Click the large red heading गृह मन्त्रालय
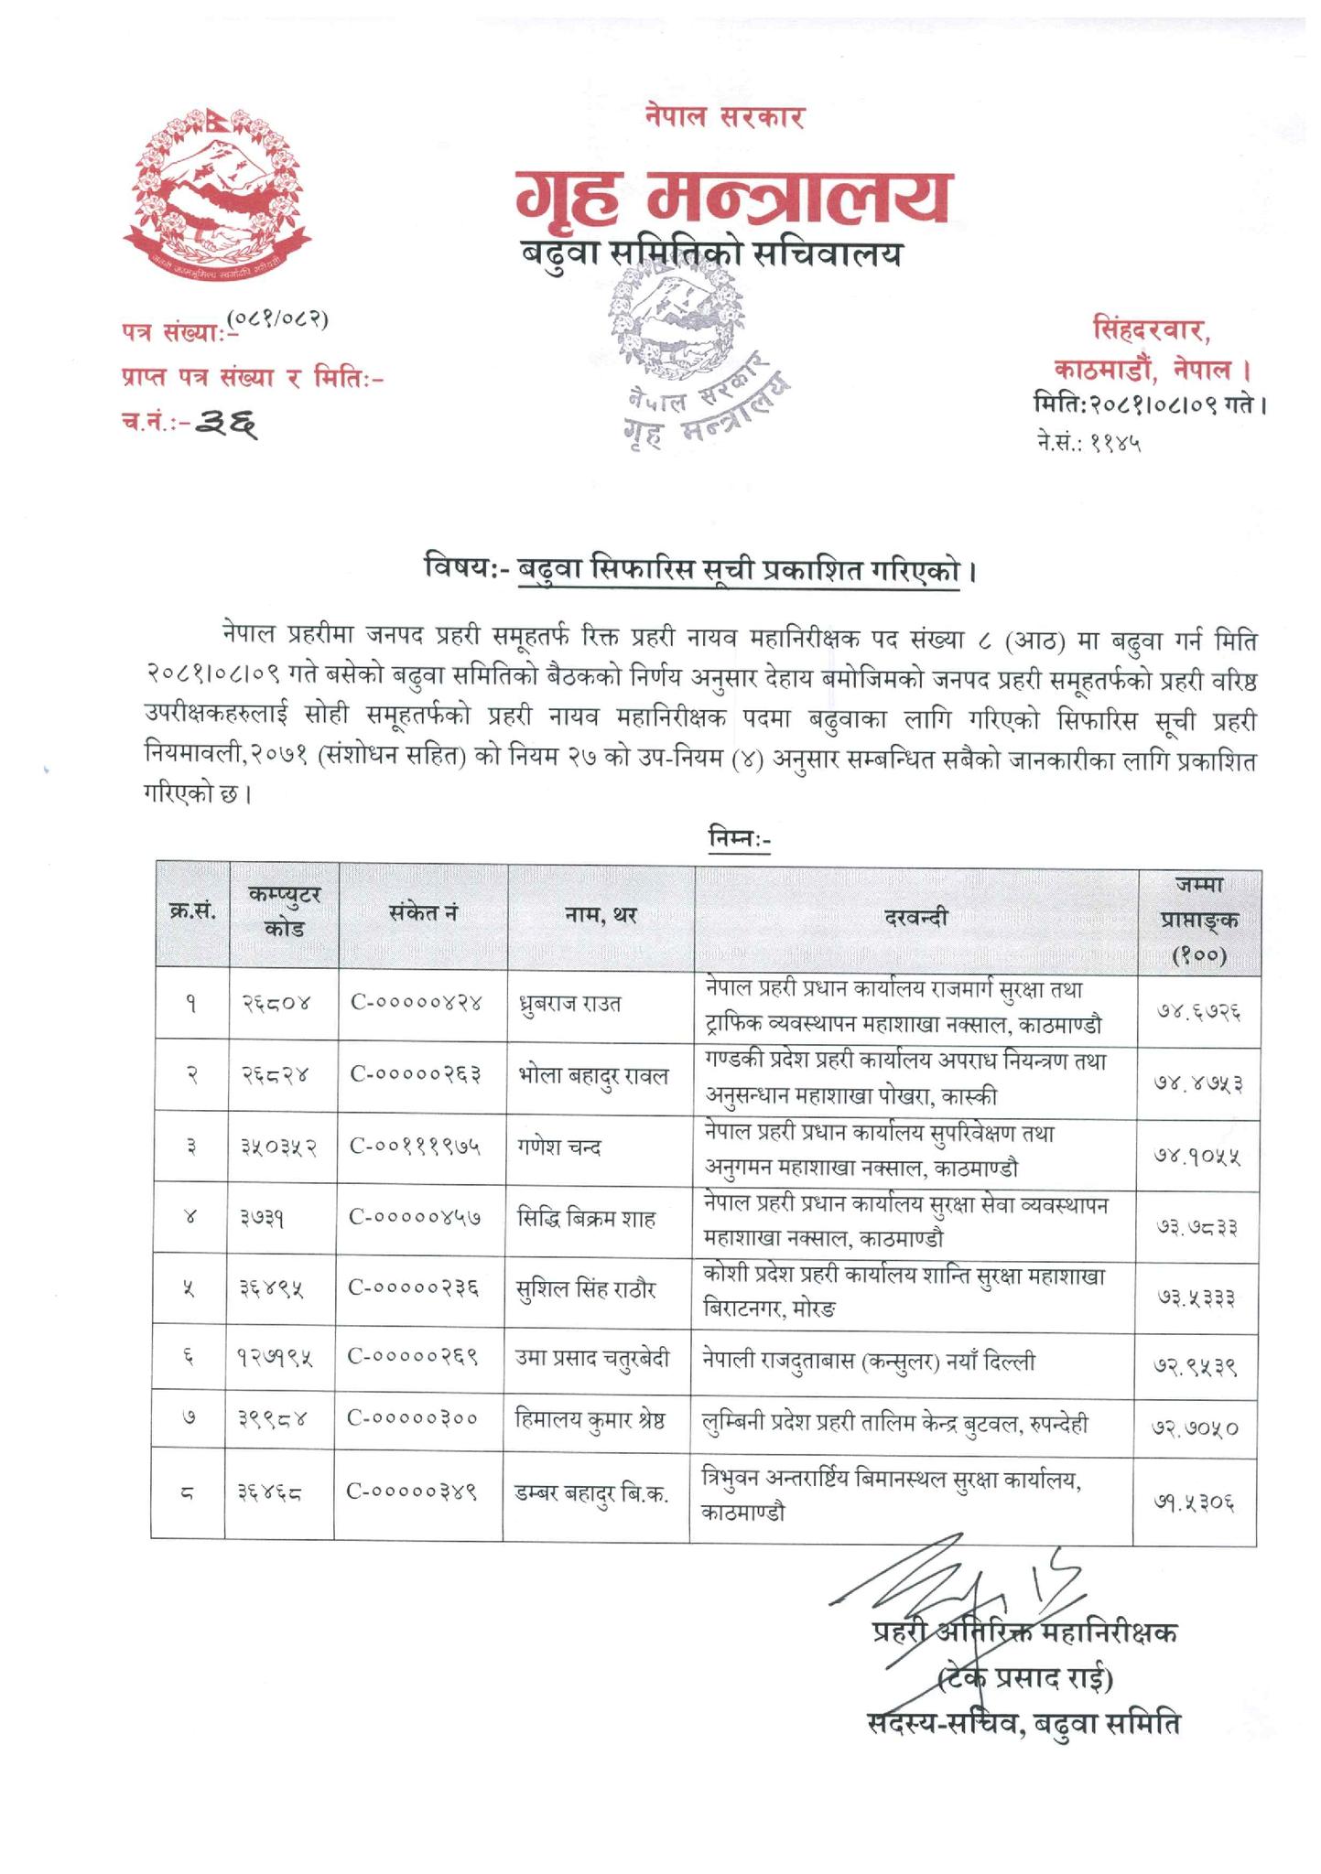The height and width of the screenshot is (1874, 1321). pos(731,198)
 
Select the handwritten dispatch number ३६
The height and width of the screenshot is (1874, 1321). pos(229,423)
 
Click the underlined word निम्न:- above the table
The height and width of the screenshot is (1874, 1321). pos(740,837)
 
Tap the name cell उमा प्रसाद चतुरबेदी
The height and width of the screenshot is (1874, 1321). pos(593,1359)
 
